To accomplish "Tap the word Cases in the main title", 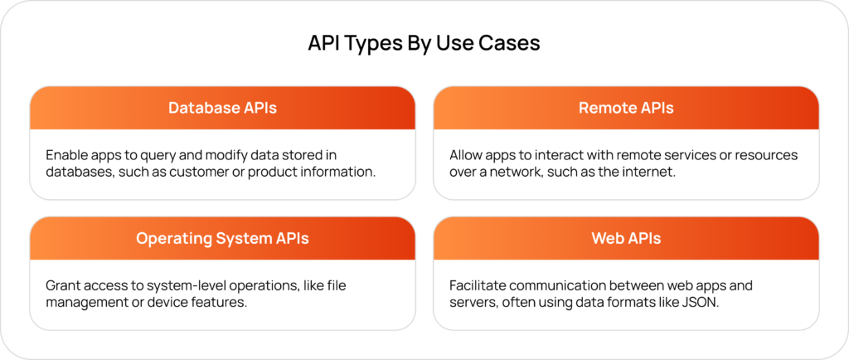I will pyautogui.click(x=508, y=43).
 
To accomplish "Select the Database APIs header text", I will pyautogui.click(x=222, y=108).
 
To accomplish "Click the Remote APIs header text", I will pyautogui.click(x=626, y=108).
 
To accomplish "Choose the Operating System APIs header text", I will pyautogui.click(x=222, y=238).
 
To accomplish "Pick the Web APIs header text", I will pyautogui.click(x=626, y=238).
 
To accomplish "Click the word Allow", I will pyautogui.click(x=467, y=155).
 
